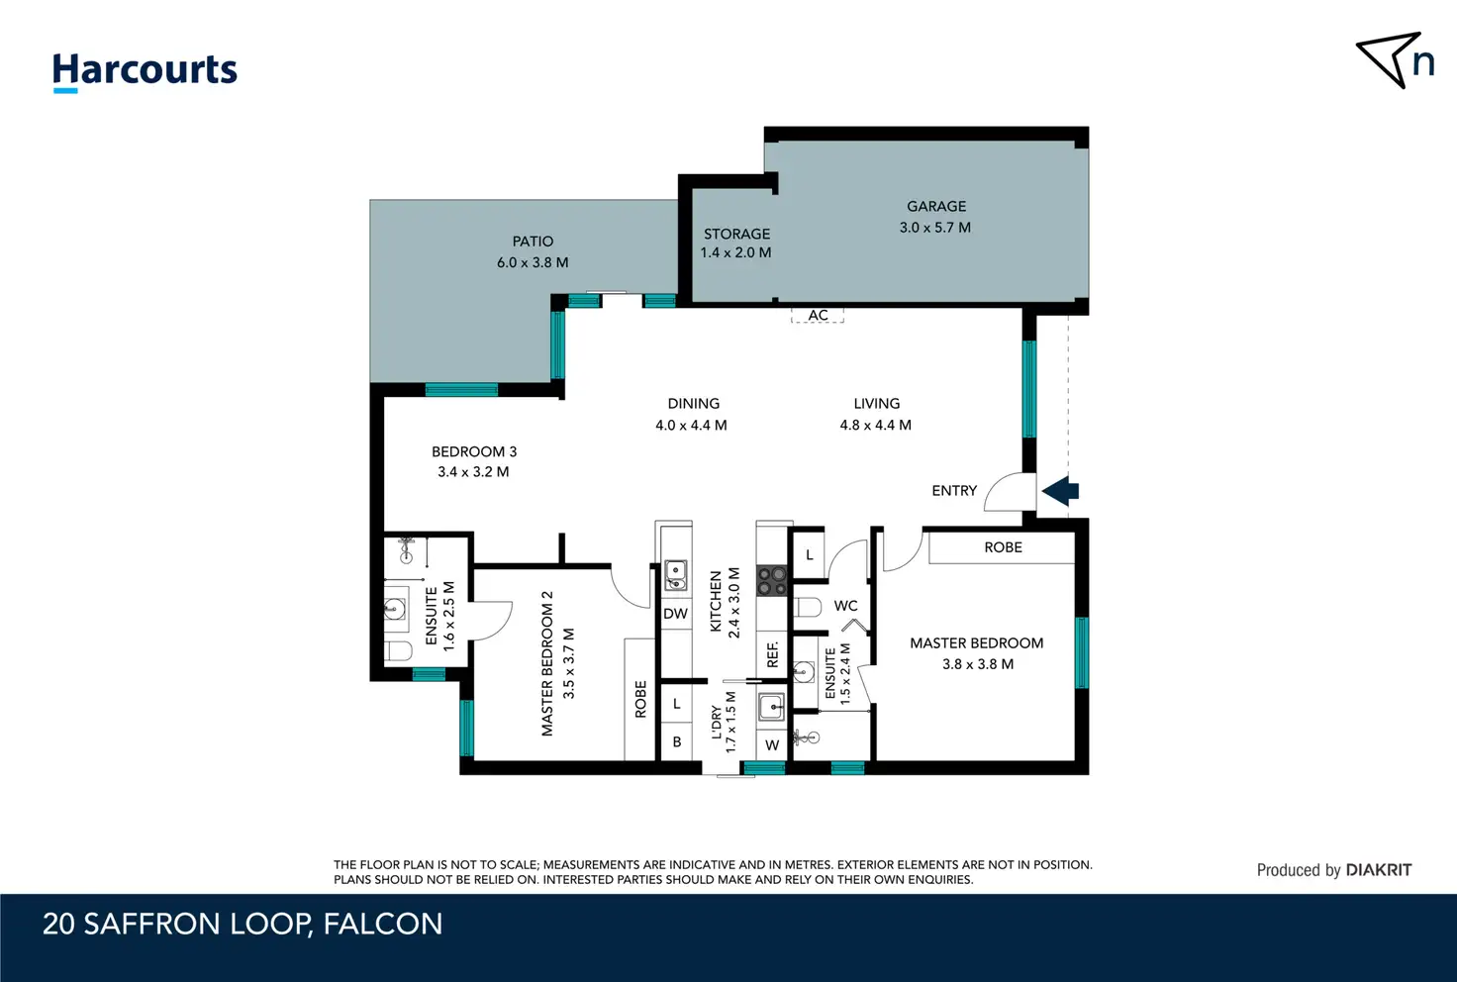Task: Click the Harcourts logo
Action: (x=146, y=71)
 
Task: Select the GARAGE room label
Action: (x=936, y=206)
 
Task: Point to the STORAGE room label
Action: (x=737, y=234)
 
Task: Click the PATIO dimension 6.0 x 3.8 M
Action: (x=533, y=262)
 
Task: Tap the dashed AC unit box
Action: (x=818, y=316)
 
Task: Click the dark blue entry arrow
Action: (x=1060, y=490)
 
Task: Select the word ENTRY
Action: (x=954, y=490)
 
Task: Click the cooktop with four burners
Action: (x=772, y=581)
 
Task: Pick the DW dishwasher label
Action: (x=676, y=614)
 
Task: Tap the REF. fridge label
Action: (x=772, y=654)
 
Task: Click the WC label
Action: (x=845, y=606)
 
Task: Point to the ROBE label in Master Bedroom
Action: (x=1003, y=547)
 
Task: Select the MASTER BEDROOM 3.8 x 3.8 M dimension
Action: (x=978, y=664)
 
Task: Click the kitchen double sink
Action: (x=676, y=575)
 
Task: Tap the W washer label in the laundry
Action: (x=772, y=745)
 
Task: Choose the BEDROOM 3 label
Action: (x=474, y=451)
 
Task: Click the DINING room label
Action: (x=694, y=403)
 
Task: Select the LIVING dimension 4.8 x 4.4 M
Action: (x=876, y=426)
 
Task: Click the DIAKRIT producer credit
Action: (x=1378, y=870)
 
